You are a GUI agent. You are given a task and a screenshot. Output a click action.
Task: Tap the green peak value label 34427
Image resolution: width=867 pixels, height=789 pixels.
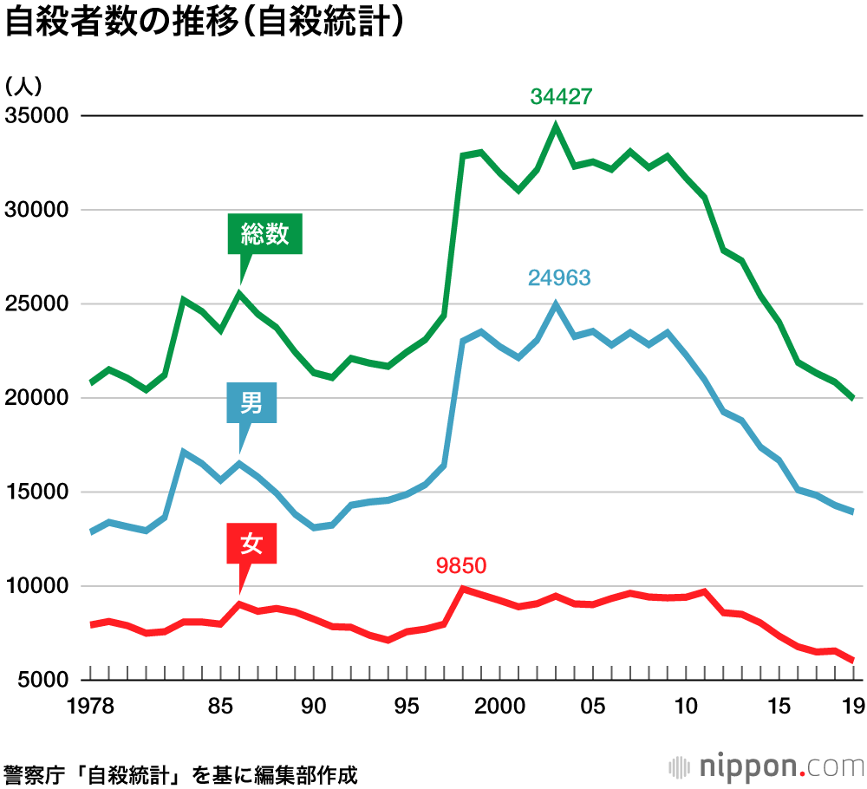pyautogui.click(x=561, y=96)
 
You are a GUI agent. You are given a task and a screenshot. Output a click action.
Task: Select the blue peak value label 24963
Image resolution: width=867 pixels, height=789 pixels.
pyautogui.click(x=559, y=278)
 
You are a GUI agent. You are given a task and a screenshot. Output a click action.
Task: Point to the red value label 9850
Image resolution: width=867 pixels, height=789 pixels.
pyautogui.click(x=462, y=566)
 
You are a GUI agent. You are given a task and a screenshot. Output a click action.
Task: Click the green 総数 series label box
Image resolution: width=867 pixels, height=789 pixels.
pyautogui.click(x=265, y=233)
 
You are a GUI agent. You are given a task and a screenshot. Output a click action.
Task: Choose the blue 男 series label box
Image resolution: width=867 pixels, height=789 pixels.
pyautogui.click(x=251, y=403)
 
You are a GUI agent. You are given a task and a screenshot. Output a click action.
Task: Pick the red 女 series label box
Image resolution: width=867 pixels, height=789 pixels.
pyautogui.click(x=251, y=544)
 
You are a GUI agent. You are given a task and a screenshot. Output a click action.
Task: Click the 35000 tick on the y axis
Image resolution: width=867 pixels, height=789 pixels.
pyautogui.click(x=37, y=116)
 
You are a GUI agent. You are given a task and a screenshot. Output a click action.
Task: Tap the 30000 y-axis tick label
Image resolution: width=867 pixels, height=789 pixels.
pyautogui.click(x=37, y=211)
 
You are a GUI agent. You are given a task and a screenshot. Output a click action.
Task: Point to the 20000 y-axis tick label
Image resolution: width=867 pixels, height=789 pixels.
pyautogui.click(x=37, y=399)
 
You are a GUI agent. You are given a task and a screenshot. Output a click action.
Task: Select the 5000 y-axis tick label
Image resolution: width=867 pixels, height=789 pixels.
pyautogui.click(x=42, y=681)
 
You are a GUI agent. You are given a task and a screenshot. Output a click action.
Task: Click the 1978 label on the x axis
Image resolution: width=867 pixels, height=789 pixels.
pyautogui.click(x=91, y=707)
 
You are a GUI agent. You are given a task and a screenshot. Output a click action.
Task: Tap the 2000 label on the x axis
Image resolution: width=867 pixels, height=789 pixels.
pyautogui.click(x=499, y=707)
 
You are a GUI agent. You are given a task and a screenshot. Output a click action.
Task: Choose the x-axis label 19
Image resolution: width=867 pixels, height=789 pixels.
pyautogui.click(x=853, y=707)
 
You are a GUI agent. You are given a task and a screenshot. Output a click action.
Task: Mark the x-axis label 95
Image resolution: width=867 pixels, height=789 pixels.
pyautogui.click(x=407, y=707)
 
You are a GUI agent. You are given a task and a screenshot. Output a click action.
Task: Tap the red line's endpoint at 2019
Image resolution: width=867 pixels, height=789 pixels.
pyautogui.click(x=853, y=661)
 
